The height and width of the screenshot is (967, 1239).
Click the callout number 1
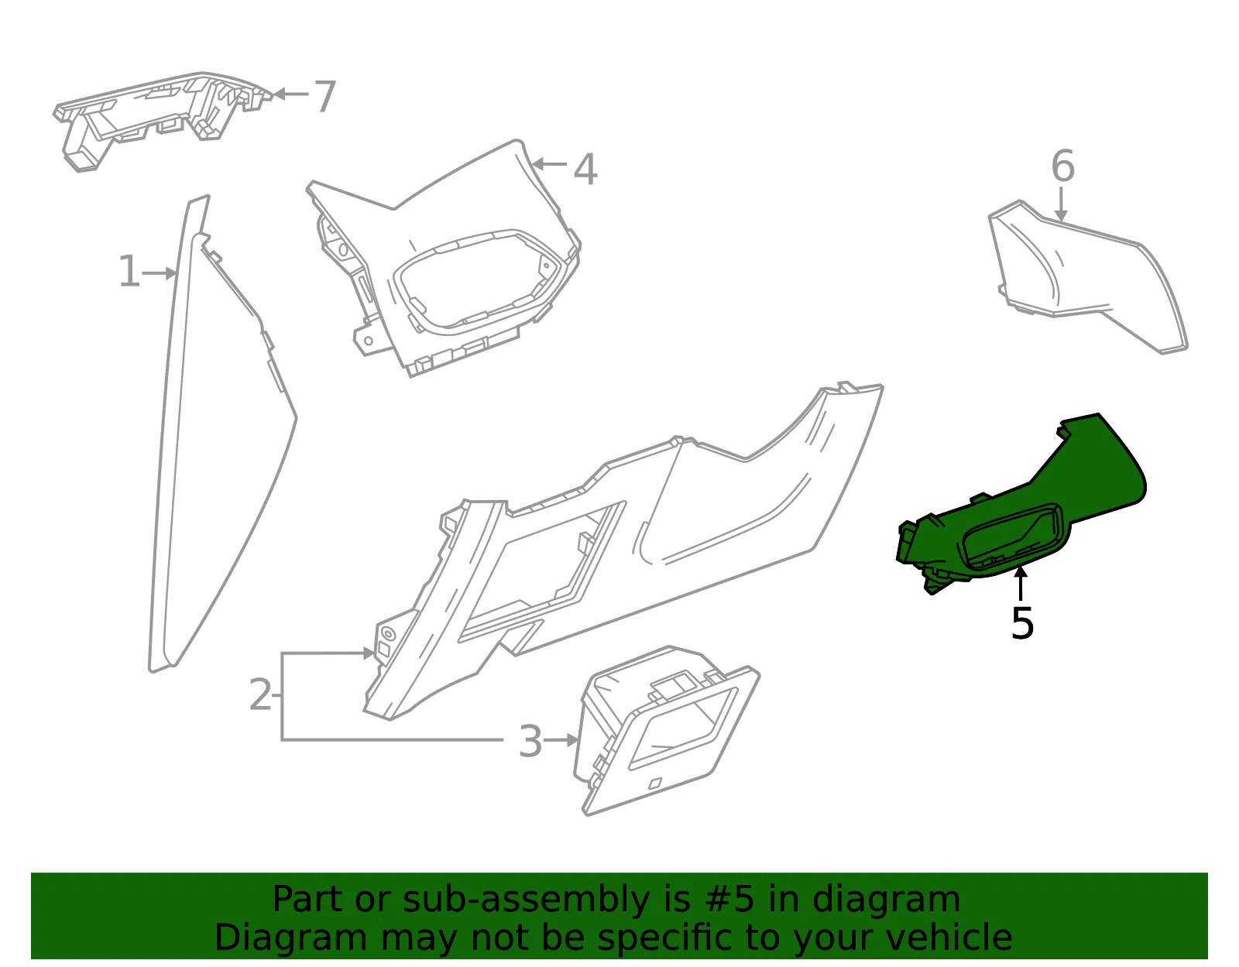click(129, 271)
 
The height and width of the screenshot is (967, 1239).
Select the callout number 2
click(261, 694)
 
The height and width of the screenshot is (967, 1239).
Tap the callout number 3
click(530, 742)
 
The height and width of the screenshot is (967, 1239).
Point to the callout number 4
click(585, 170)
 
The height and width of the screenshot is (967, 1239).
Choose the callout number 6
click(1062, 166)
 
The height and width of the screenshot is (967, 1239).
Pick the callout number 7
click(325, 96)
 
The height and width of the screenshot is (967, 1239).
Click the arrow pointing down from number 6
click(1061, 204)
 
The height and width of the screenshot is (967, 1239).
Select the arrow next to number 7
click(291, 94)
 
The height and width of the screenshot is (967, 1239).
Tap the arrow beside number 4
click(549, 164)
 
